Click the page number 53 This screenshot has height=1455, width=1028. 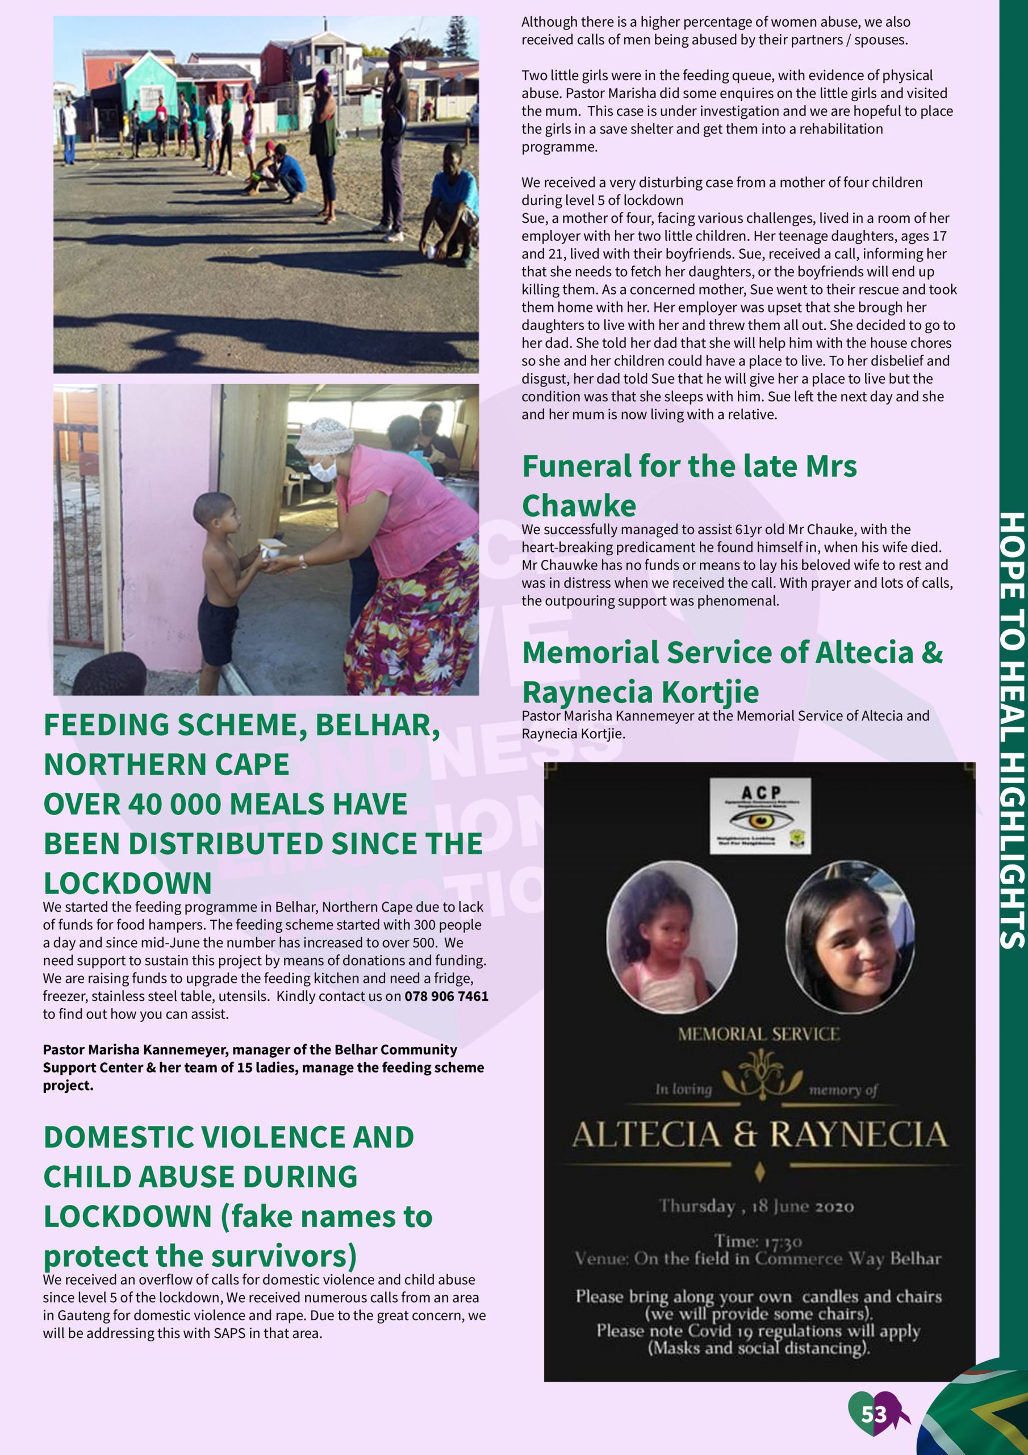tap(874, 1415)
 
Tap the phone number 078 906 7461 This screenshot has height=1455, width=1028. tap(446, 996)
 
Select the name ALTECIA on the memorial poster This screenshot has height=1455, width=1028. tap(646, 1134)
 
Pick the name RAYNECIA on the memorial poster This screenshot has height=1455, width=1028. tap(858, 1134)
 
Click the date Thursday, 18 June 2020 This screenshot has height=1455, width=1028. tap(757, 1205)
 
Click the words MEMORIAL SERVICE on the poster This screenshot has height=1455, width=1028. tap(759, 1034)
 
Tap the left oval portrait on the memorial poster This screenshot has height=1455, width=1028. tap(671, 937)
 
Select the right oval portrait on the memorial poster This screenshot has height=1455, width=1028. tap(850, 937)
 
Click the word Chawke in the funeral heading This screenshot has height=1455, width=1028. tap(579, 506)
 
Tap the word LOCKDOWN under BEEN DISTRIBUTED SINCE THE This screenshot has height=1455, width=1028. tap(127, 883)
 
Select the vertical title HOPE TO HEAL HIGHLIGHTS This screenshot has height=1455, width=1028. tap(1012, 729)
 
